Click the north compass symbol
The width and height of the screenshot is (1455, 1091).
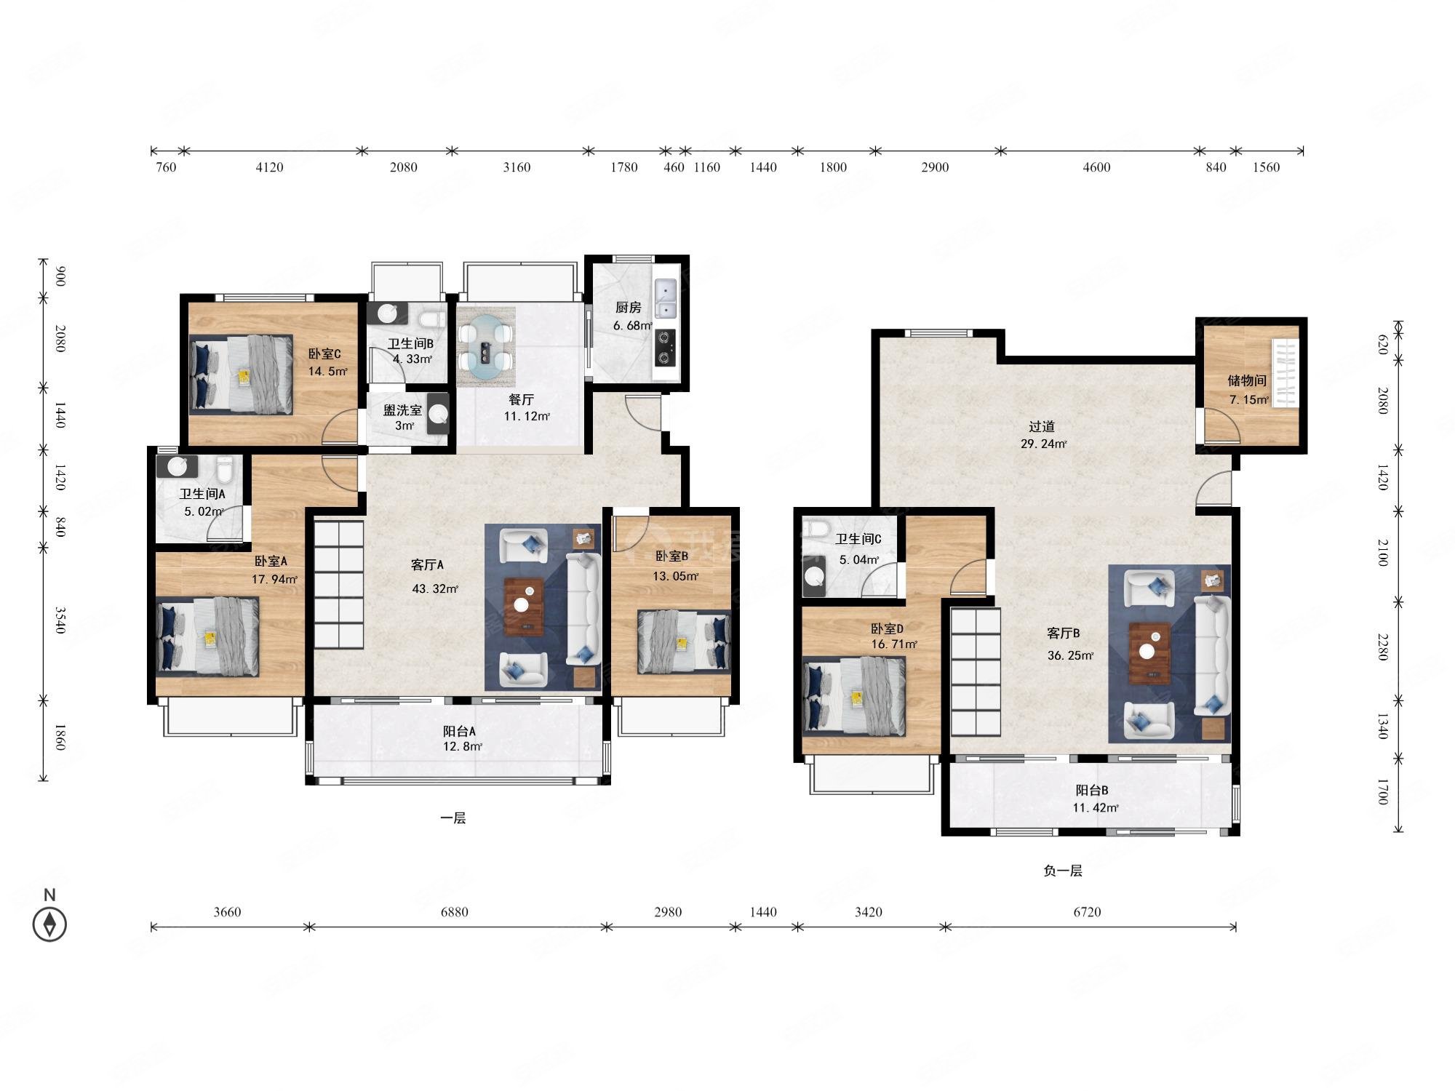pyautogui.click(x=49, y=924)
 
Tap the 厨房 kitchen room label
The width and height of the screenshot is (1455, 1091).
pyautogui.click(x=628, y=308)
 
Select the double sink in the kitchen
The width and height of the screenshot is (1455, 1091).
pyautogui.click(x=665, y=299)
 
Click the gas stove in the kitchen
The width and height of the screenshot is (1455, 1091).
pyautogui.click(x=665, y=347)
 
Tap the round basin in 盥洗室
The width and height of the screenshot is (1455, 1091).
pyautogui.click(x=438, y=413)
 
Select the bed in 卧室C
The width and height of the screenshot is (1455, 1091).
pyautogui.click(x=242, y=375)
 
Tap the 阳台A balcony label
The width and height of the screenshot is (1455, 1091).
pyautogui.click(x=460, y=732)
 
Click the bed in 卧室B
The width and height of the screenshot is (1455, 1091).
pyautogui.click(x=684, y=642)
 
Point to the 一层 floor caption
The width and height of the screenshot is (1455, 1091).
pyautogui.click(x=453, y=818)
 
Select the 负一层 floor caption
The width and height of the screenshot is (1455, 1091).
pyautogui.click(x=1063, y=871)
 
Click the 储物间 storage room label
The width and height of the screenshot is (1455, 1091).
pyautogui.click(x=1247, y=380)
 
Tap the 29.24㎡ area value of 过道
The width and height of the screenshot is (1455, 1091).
pyautogui.click(x=1043, y=444)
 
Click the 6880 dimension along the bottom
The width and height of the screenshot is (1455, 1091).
pyautogui.click(x=455, y=912)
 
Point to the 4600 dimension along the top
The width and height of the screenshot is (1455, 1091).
pyautogui.click(x=1096, y=167)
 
